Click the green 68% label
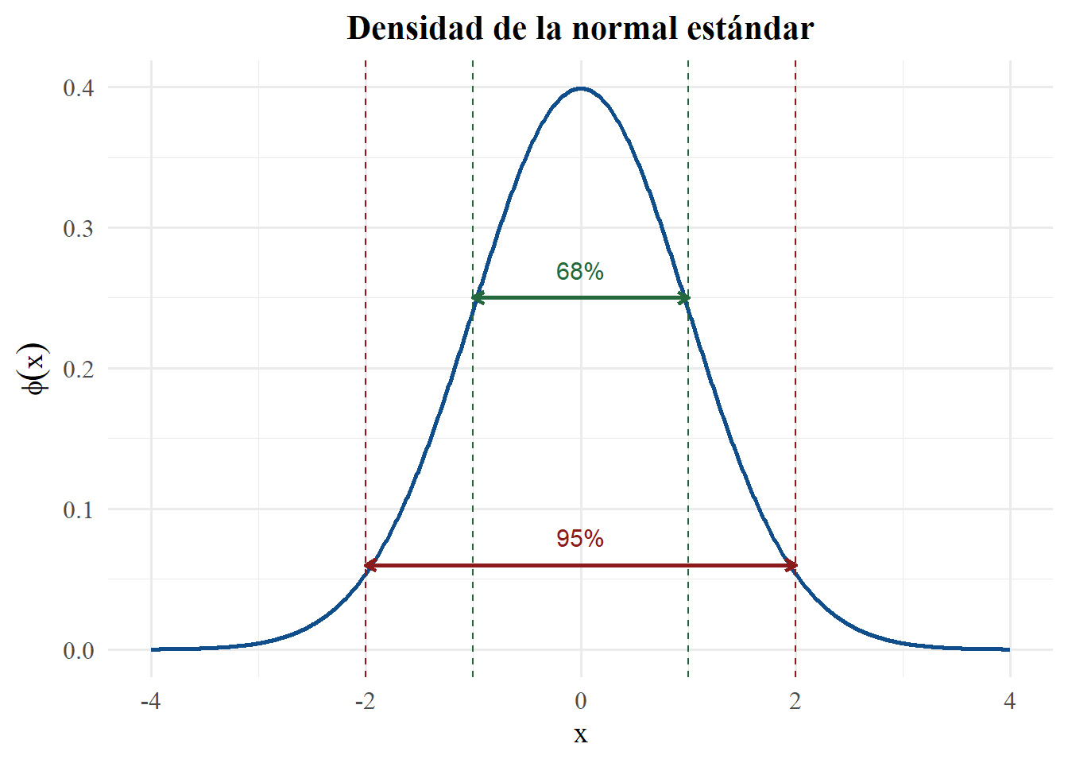pyautogui.click(x=580, y=272)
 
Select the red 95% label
pyautogui.click(x=580, y=539)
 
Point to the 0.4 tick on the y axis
pyautogui.click(x=79, y=87)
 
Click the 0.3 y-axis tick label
pyautogui.click(x=79, y=229)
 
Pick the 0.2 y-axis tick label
pyautogui.click(x=79, y=370)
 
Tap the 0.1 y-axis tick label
pyautogui.click(x=79, y=509)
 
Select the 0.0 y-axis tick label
pyautogui.click(x=79, y=651)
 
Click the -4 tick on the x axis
pyautogui.click(x=150, y=701)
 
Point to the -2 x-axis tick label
pyautogui.click(x=365, y=701)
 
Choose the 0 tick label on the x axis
pyautogui.click(x=581, y=701)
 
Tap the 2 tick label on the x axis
pyautogui.click(x=795, y=701)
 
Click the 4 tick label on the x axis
pyautogui.click(x=1010, y=701)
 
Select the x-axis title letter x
pyautogui.click(x=581, y=734)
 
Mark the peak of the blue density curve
pyautogui.click(x=581, y=88)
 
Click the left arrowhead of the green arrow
pyautogui.click(x=477, y=298)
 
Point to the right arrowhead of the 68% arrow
pyautogui.click(x=684, y=298)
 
